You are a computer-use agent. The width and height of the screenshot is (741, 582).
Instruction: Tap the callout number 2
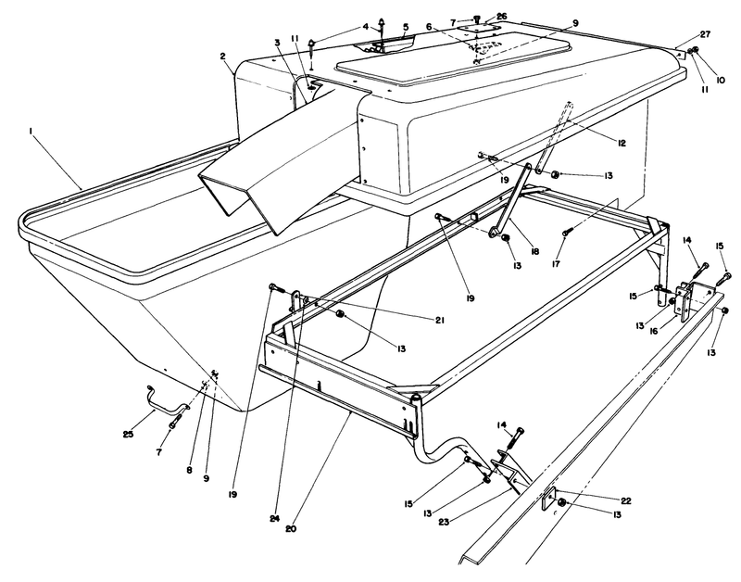coord(223,56)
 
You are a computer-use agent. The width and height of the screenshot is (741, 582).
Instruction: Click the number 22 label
coord(625,500)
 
